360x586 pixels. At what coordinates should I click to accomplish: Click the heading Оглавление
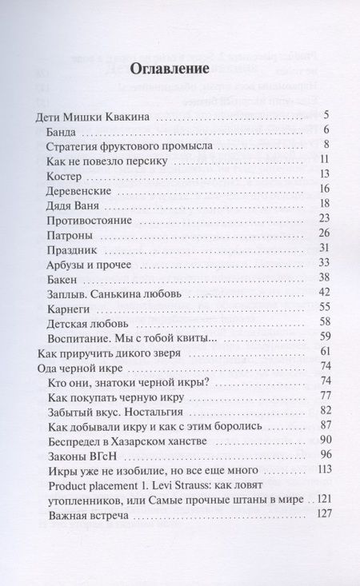click(180, 68)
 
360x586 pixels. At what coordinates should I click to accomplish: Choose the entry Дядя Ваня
click(76, 205)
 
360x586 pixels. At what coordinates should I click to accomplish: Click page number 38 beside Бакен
click(324, 278)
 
